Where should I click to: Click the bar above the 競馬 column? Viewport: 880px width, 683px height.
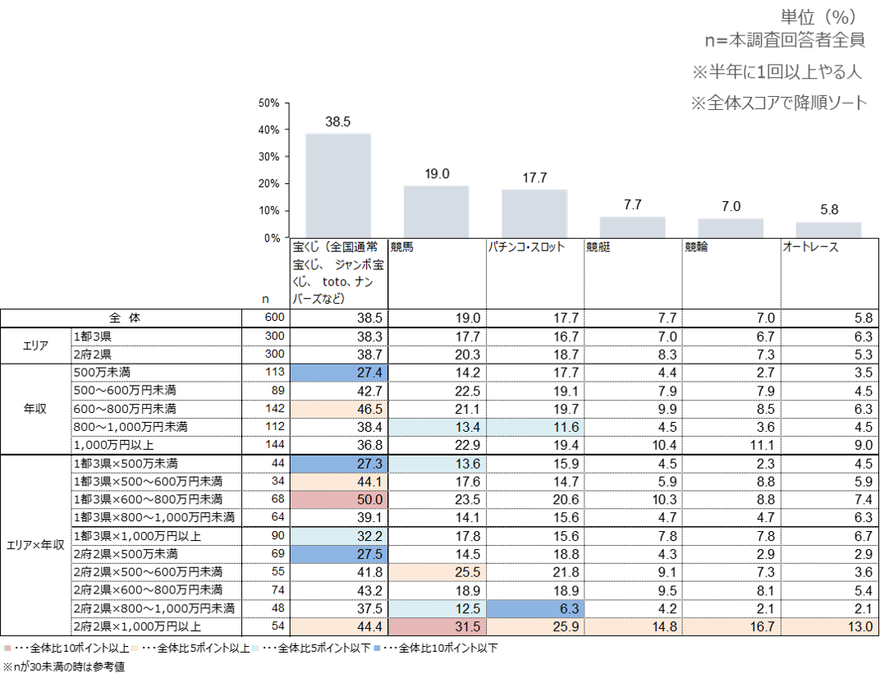[436, 211]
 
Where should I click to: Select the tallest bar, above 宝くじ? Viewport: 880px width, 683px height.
[338, 185]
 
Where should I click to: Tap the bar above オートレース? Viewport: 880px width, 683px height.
[829, 229]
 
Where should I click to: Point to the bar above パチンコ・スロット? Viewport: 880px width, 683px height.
[534, 213]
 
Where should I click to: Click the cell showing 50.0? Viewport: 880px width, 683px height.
[338, 499]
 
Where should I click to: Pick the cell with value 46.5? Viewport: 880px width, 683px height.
[338, 409]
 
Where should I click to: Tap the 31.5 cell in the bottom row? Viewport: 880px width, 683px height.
[437, 627]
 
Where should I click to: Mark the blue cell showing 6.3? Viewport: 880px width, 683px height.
[535, 608]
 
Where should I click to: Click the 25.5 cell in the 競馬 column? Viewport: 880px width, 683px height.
[437, 572]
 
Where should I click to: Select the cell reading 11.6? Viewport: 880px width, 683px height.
[535, 427]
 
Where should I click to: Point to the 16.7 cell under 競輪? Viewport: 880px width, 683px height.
[731, 627]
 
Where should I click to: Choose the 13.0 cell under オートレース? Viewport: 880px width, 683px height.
[829, 627]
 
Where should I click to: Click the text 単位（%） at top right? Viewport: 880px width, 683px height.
[818, 16]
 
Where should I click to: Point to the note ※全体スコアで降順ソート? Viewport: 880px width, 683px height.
[778, 103]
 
